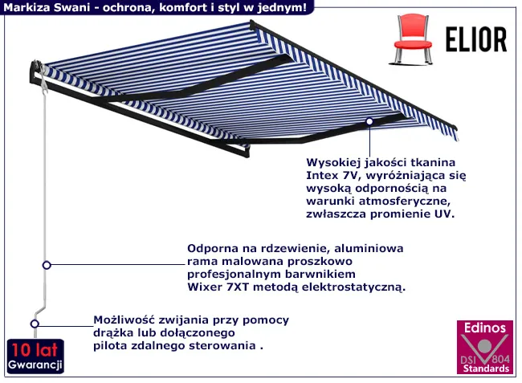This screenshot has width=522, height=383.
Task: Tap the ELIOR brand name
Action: [x=475, y=38]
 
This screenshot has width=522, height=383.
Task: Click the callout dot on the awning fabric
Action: [x=369, y=122]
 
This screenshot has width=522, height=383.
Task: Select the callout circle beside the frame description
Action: [x=47, y=265]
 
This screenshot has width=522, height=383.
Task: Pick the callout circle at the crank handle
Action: [x=35, y=324]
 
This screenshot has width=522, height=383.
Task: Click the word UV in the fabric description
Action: [x=444, y=214]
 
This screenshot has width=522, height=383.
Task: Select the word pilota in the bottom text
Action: [x=112, y=346]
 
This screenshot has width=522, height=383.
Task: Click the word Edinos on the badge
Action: [x=482, y=328]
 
